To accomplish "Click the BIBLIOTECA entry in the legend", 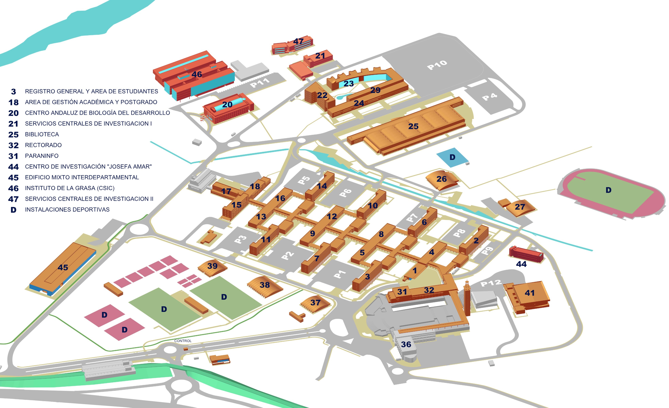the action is tap(42, 134).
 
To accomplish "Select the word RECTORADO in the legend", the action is tap(43, 145).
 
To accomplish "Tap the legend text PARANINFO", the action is tap(41, 156).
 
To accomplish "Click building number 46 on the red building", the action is tap(197, 74).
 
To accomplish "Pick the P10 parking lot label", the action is tap(437, 65).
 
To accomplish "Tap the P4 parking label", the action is tap(490, 97).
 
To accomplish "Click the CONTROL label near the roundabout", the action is tap(183, 341).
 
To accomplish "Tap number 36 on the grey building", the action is tap(406, 344).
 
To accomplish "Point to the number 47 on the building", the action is tap(298, 41).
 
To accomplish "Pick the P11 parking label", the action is tap(260, 83).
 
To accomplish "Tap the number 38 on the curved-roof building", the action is tap(265, 285).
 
